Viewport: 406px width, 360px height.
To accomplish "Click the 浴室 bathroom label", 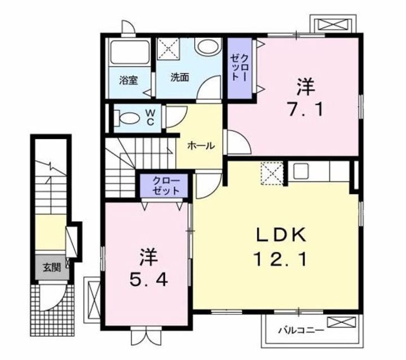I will (x=128, y=79).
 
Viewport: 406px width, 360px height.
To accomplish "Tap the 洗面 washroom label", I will (x=180, y=78).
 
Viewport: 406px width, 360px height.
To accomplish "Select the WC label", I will (x=152, y=116).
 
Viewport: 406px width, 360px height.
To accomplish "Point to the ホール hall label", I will (x=200, y=145).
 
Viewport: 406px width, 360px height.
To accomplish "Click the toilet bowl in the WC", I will (x=129, y=119).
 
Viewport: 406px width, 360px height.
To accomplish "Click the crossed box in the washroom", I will (x=167, y=48).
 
